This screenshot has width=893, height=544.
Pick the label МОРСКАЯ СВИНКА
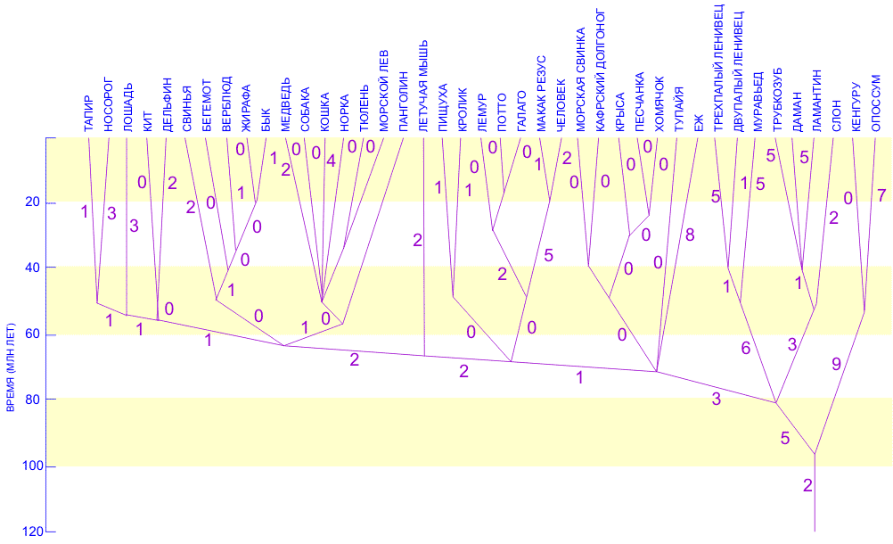tap(579, 82)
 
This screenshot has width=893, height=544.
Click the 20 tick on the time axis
tap(32, 202)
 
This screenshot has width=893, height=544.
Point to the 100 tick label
tap(29, 466)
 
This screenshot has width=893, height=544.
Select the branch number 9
tap(837, 363)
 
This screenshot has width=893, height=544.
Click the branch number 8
tap(689, 235)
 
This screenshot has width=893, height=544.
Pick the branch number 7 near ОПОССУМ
tap(881, 196)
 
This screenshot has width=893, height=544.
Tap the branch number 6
tap(746, 349)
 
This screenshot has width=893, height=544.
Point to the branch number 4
tap(332, 161)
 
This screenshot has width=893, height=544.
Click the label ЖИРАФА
tap(246, 108)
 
